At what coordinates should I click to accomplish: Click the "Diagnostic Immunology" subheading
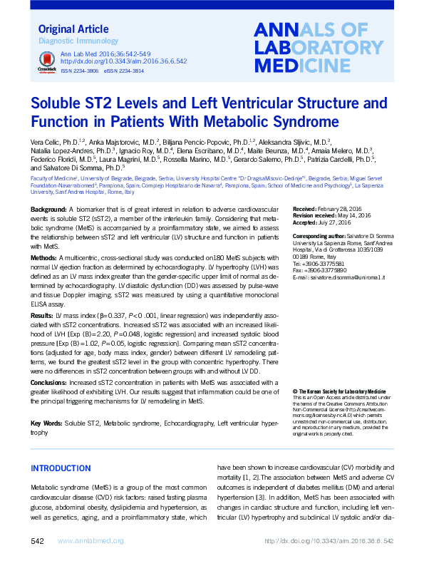[x=70, y=42]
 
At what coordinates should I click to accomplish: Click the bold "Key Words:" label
[x=46, y=423]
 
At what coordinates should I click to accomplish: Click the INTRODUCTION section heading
[x=65, y=468]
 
